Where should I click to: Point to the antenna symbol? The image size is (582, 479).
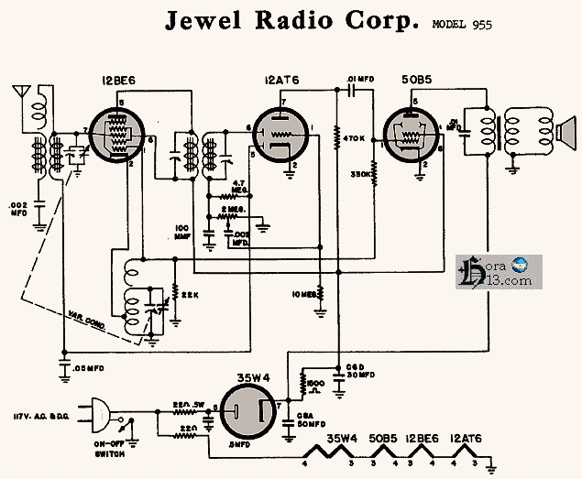coord(17,94)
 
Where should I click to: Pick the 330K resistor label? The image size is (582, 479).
coord(361,172)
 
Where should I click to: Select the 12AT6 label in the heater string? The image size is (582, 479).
coord(468,439)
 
